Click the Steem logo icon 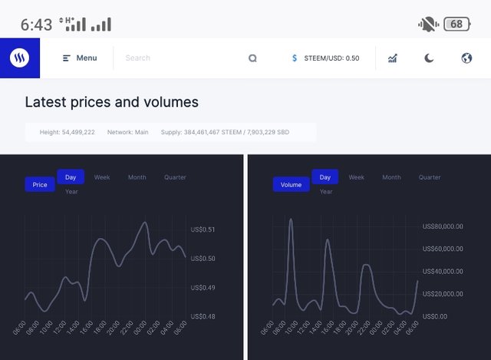click(20, 58)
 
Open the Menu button click(80, 58)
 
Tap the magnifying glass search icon click(252, 58)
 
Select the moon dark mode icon click(429, 58)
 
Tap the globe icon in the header click(466, 58)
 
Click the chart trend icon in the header click(392, 58)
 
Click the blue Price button click(40, 185)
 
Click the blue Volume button click(291, 185)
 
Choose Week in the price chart click(102, 177)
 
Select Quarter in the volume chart click(430, 177)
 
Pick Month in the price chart click(137, 177)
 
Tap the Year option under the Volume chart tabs click(326, 192)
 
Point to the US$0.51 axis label click(203, 230)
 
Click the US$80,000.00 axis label click(443, 226)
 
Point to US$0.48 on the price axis click(203, 316)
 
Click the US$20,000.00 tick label click(443, 294)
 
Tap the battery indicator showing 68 click(456, 24)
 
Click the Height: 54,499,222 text click(68, 133)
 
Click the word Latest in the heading click(45, 102)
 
